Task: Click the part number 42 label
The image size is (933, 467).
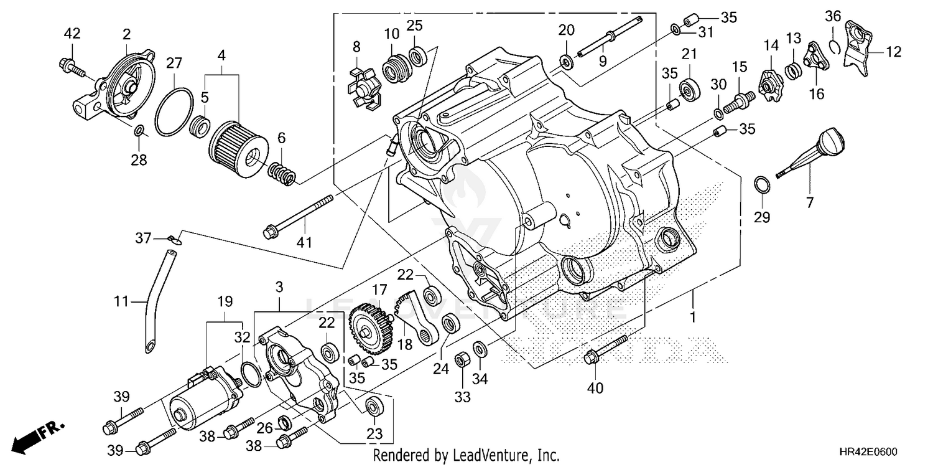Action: (72, 34)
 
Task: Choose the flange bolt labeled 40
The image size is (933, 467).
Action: (606, 349)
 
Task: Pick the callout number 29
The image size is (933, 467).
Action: (762, 217)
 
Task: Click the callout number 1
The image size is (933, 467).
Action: (692, 317)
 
